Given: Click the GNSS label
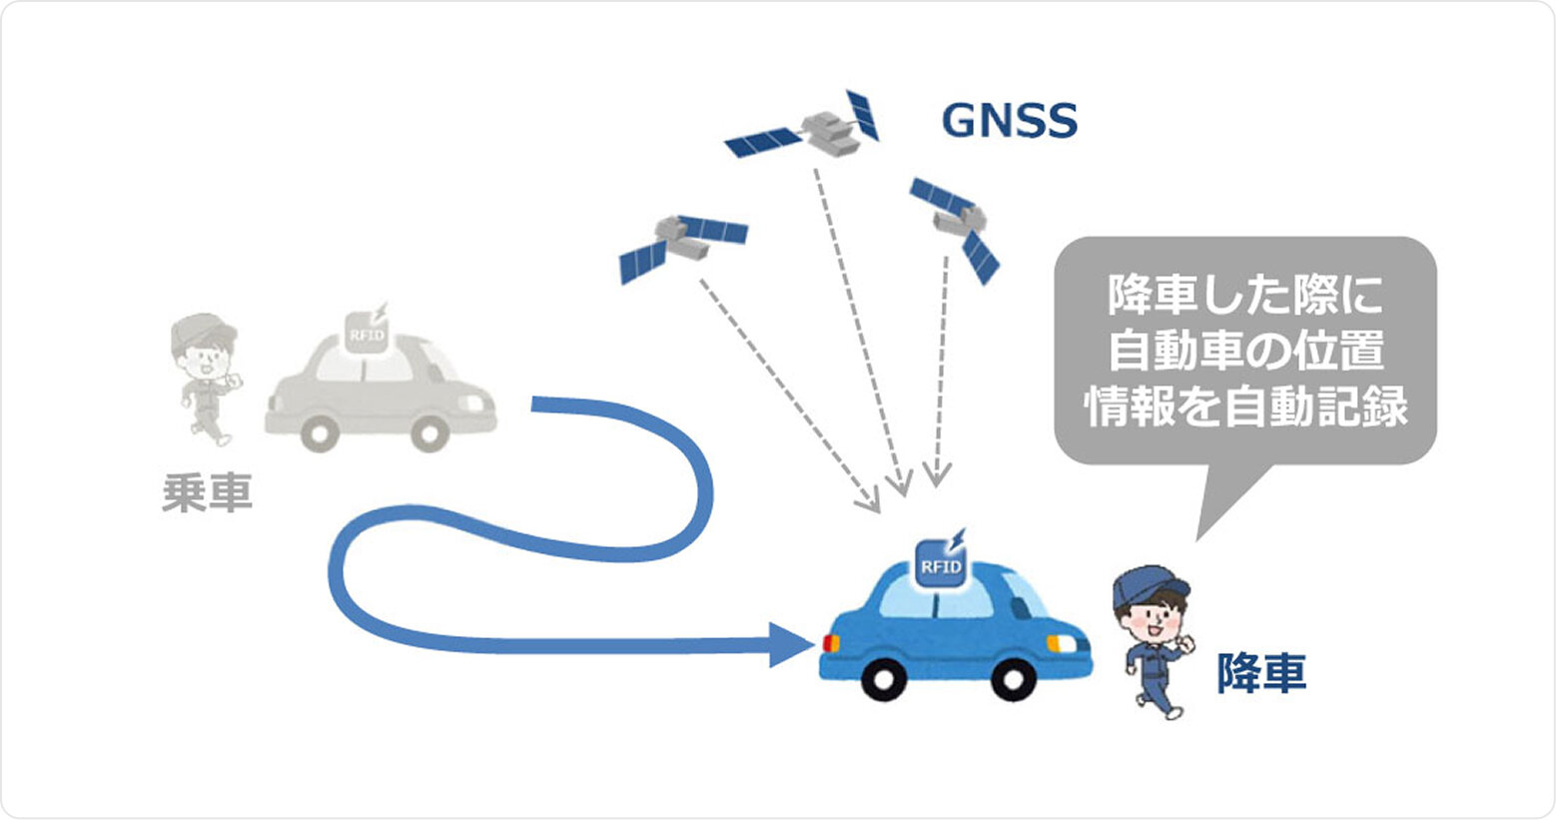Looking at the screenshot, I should coord(1010,121).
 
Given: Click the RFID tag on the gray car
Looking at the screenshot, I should coord(366,333).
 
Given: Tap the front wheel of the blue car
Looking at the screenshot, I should coord(1011,679).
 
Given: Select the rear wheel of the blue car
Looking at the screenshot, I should coord(884,679).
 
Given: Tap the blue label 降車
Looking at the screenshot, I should coord(1260,673).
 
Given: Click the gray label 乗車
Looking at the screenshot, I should coord(207,493).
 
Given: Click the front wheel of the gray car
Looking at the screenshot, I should coord(429,432).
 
